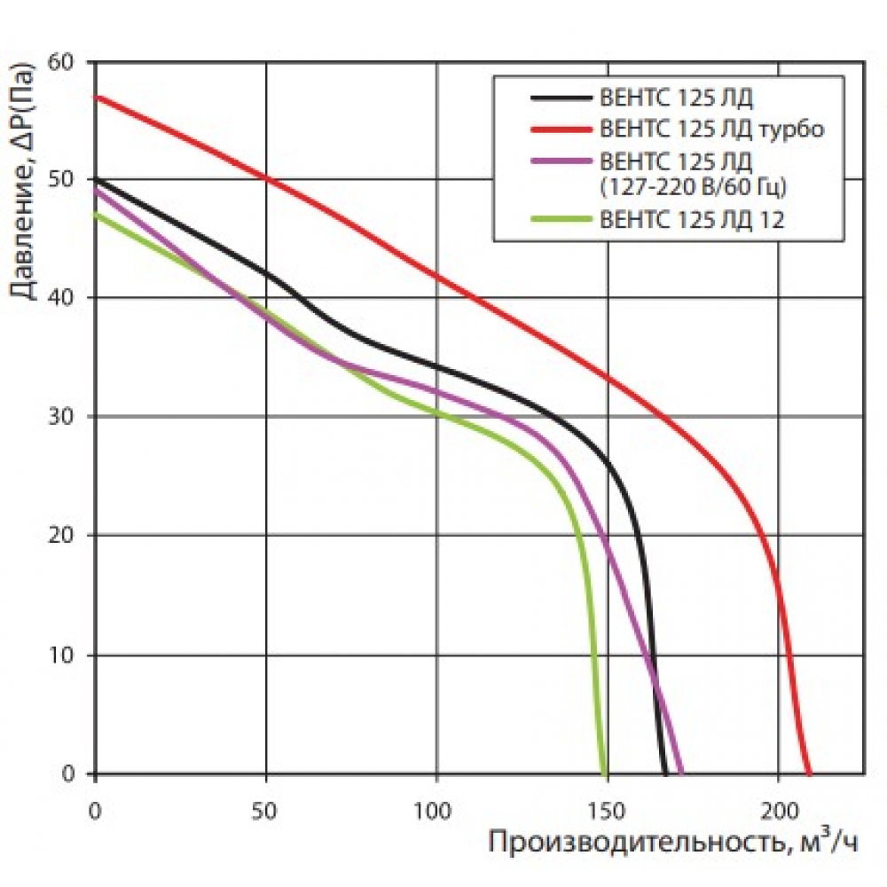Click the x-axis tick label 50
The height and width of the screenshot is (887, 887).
265,809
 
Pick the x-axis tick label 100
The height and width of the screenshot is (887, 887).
436,809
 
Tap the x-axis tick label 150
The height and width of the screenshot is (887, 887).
607,809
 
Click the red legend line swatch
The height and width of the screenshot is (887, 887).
560,129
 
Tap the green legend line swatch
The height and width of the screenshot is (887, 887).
560,219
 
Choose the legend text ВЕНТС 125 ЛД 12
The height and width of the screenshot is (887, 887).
693,219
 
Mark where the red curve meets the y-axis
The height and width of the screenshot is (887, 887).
95,96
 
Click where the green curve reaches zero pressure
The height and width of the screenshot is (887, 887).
605,773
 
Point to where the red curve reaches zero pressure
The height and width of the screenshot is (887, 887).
808,773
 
